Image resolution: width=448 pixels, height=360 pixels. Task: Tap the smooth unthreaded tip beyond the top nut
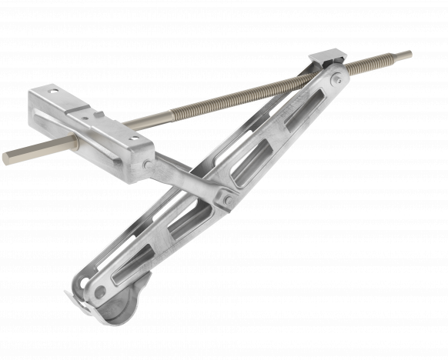coord(402,55)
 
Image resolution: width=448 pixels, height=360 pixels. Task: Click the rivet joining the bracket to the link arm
coord(147,164)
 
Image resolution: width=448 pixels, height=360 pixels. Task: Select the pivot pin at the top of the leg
coord(335,78)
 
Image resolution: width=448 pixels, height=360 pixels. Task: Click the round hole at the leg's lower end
coord(99,291)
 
